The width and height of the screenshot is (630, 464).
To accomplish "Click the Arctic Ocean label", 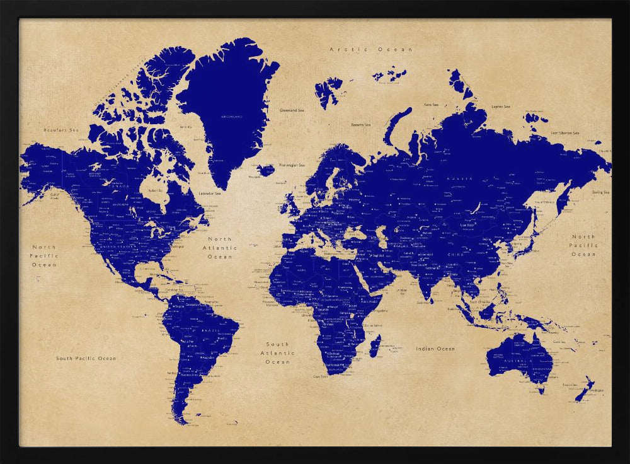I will (371, 49).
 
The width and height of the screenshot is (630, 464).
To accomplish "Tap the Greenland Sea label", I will (292, 110).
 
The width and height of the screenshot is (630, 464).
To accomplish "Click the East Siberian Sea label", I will (564, 133).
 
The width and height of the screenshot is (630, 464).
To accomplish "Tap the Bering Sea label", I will (600, 192).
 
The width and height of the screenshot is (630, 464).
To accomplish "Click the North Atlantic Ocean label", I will (220, 248).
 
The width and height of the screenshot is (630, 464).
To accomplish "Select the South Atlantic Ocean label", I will (277, 353).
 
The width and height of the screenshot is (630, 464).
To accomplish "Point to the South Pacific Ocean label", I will (86, 358).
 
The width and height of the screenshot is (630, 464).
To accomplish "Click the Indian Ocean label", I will (435, 349).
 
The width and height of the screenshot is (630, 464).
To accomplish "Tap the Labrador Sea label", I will (209, 194).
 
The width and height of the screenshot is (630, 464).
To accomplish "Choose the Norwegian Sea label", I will (292, 165).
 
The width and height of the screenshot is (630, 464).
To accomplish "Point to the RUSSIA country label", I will (460, 179).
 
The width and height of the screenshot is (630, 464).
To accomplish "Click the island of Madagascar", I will (375, 345).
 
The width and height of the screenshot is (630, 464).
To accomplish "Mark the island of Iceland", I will (266, 170).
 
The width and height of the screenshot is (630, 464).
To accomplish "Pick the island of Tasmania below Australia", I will (541, 390).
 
